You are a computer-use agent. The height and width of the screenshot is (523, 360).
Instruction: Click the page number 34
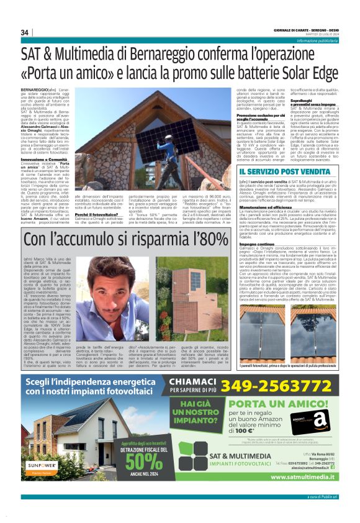[x=25, y=32]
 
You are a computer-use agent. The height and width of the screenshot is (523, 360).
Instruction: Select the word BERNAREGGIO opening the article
[x=38, y=90]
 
